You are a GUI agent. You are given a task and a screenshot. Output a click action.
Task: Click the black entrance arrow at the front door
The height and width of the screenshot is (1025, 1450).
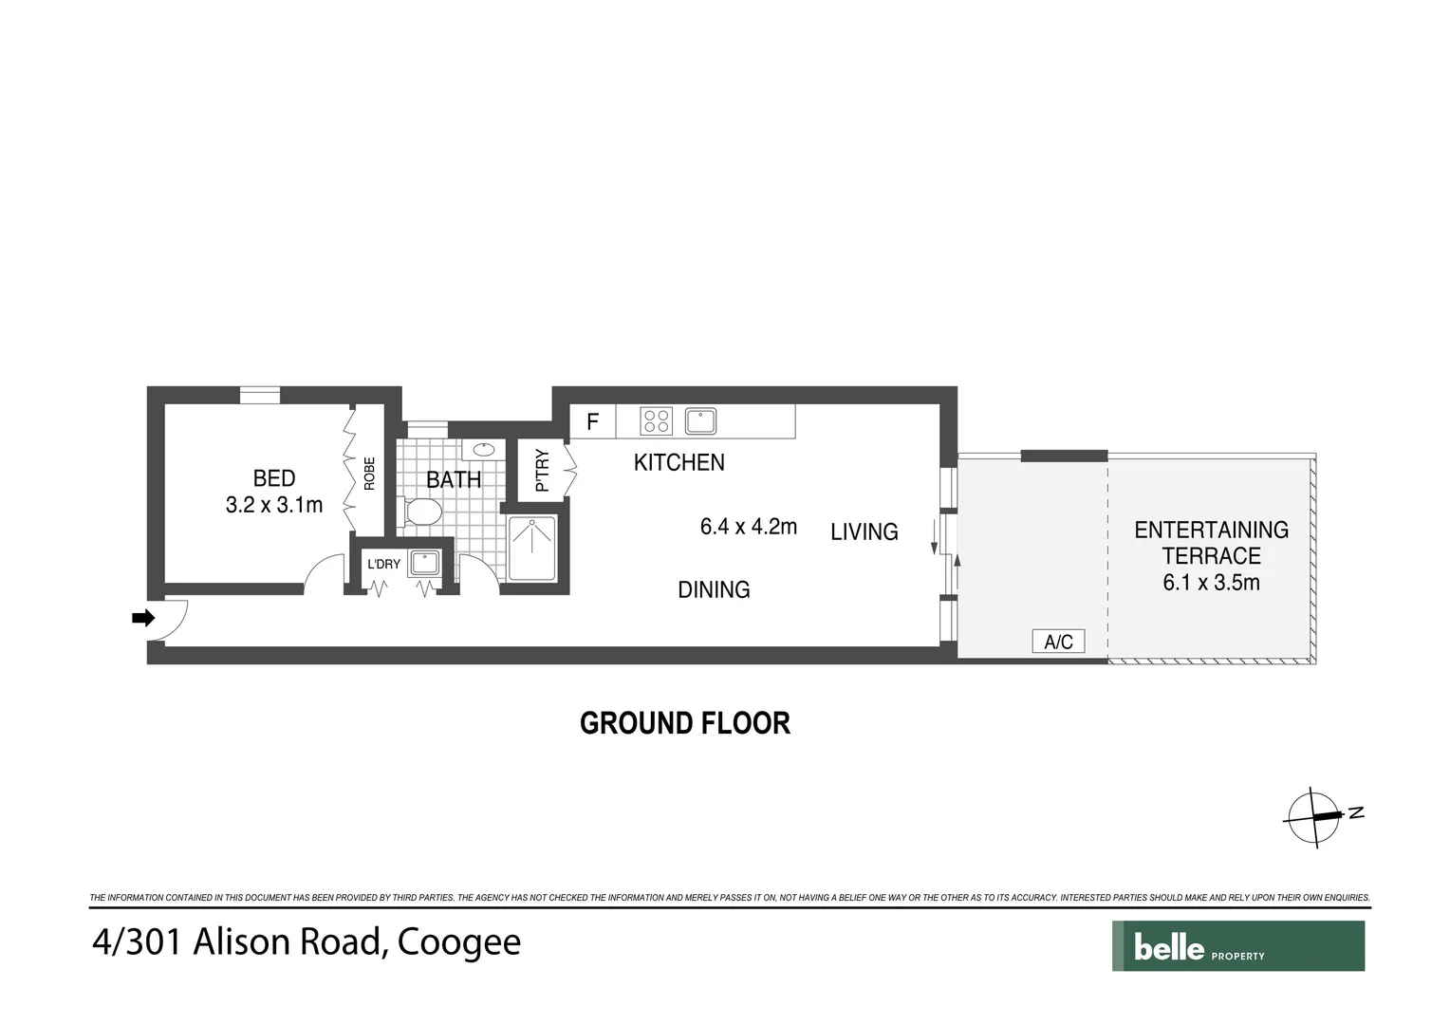point(143,619)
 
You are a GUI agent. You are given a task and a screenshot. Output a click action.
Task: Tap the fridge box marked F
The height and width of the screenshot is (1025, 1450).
point(592,421)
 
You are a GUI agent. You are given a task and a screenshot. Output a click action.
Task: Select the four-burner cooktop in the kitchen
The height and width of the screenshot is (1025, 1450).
point(656,420)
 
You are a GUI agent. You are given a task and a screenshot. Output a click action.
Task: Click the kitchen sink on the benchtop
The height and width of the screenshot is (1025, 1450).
point(700,420)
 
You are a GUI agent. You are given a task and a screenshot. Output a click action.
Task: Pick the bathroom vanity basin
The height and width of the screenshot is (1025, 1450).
point(484,449)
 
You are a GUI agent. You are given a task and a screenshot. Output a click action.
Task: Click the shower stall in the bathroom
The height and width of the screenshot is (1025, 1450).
point(532,548)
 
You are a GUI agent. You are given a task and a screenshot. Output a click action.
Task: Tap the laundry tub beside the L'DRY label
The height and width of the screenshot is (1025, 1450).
point(424,563)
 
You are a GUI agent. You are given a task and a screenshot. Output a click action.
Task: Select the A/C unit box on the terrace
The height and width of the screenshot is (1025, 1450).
point(1058,643)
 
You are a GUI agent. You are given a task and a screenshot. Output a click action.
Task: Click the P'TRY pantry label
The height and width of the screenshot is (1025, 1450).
point(542,470)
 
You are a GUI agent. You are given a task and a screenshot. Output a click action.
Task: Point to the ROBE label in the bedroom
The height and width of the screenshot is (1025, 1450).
point(369,474)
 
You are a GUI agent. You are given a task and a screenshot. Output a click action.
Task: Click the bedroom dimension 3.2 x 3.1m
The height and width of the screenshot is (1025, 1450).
point(274,505)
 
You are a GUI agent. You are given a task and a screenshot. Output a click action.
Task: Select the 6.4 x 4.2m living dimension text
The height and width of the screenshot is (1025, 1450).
point(749,527)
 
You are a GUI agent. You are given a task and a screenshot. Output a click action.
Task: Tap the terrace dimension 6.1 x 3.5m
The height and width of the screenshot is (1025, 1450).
point(1211,583)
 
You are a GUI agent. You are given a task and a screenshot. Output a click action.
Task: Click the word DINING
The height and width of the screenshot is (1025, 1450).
point(714,589)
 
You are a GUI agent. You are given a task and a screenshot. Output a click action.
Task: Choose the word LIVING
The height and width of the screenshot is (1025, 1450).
point(864,532)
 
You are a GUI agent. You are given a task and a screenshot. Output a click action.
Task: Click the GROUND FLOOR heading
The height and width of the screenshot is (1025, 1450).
point(684,723)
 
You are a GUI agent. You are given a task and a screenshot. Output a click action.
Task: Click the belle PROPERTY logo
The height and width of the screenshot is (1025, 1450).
point(1237,946)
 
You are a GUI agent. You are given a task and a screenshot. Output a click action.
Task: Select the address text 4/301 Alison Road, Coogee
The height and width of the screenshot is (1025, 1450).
point(307,942)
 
